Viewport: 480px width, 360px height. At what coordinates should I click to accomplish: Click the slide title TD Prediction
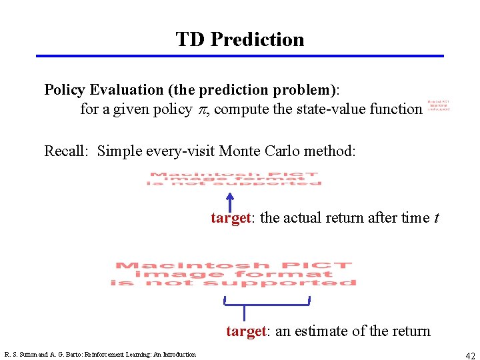240,39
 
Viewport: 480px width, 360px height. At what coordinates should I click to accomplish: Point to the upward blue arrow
229,201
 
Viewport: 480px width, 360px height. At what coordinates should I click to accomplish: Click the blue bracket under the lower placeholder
267,305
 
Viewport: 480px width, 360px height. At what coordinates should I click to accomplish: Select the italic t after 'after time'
435,218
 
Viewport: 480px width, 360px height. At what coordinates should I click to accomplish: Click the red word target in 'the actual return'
231,218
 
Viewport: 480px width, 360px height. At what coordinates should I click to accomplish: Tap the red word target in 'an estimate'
246,331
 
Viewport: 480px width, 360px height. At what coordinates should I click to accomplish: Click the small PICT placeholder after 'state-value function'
438,105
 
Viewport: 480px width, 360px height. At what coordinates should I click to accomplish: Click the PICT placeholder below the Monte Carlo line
235,179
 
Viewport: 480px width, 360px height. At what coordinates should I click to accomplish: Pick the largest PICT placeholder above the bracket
233,274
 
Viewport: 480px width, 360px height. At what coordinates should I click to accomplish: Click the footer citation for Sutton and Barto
100,355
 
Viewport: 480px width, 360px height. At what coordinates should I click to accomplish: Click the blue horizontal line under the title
240,56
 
